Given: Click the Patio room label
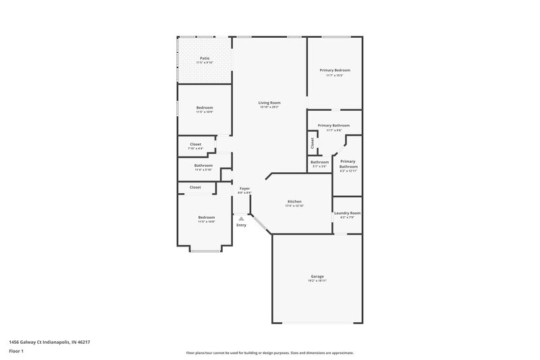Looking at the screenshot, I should (x=204, y=58).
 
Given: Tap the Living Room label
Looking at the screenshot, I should (x=269, y=103).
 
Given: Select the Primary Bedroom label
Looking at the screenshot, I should (x=335, y=70).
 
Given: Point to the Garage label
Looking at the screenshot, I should (x=317, y=276).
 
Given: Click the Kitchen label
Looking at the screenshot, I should (x=294, y=202).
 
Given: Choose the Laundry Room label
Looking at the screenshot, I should (x=347, y=213).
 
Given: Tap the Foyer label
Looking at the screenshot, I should (x=244, y=188).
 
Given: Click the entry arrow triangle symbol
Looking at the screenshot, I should (x=241, y=218).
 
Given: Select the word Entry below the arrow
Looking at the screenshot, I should (x=241, y=225).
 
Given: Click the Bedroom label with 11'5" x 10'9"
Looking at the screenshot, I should (x=205, y=108).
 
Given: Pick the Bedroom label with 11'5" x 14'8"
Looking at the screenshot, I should (x=206, y=217).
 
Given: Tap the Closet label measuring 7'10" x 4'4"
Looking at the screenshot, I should (x=196, y=144).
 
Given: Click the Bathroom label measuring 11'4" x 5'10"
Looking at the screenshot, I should (x=203, y=165).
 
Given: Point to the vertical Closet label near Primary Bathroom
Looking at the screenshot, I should (x=313, y=143).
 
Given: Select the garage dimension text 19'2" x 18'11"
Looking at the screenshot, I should (x=317, y=280).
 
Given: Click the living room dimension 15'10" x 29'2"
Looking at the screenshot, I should (x=269, y=107).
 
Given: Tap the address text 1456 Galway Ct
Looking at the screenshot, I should (x=49, y=342).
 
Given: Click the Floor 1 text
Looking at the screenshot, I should (x=16, y=352).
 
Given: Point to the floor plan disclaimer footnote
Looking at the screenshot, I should (x=269, y=353).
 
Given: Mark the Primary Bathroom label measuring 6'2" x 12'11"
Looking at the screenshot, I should (x=348, y=164).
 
